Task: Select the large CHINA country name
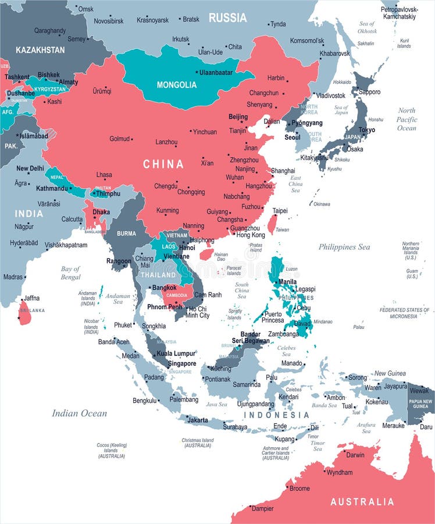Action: [x=163, y=164]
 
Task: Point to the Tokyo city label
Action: [x=366, y=130]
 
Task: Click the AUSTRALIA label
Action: [x=362, y=501]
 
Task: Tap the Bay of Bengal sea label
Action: [x=70, y=272]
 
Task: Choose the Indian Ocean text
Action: [x=80, y=413]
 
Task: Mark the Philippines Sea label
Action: [x=344, y=247]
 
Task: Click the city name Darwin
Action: [x=355, y=455]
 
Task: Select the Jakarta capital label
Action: [x=198, y=420]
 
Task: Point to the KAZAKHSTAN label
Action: [x=40, y=50]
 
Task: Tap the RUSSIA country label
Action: [x=227, y=17]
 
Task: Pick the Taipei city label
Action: [x=280, y=210]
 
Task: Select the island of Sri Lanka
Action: [x=24, y=313]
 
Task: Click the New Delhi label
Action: [x=30, y=168]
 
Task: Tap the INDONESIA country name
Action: [x=276, y=415]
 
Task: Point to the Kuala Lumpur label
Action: [x=176, y=353]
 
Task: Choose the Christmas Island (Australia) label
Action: [x=198, y=443]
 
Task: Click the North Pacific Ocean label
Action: [x=407, y=119]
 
